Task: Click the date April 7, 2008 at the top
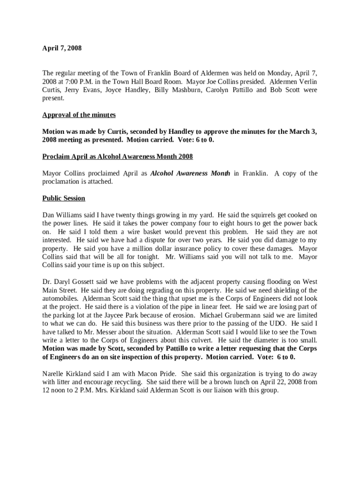pyautogui.click(x=62, y=48)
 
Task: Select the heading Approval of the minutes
pyautogui.click(x=79, y=115)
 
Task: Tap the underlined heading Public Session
pyautogui.click(x=64, y=198)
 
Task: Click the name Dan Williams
pyautogui.click(x=59, y=215)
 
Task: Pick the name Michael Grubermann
pyautogui.click(x=229, y=315)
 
